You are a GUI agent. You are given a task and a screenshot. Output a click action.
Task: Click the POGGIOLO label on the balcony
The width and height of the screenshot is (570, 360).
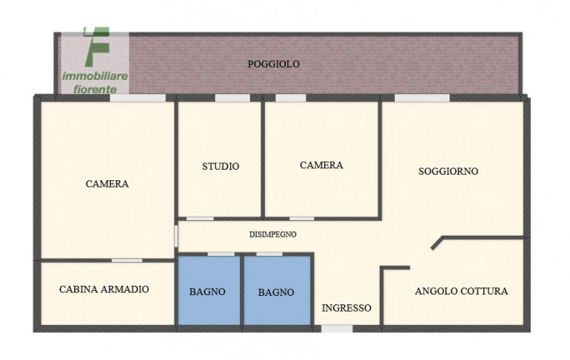[x=274, y=64]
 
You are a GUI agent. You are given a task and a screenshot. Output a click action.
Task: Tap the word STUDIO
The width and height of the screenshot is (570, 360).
[x=221, y=166]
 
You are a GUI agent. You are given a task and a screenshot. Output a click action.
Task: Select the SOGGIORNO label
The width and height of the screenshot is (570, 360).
[x=448, y=171]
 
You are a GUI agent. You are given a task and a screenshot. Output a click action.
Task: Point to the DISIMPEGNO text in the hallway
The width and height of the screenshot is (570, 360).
[x=273, y=235]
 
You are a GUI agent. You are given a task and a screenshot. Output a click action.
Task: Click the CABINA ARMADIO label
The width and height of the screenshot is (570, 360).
[x=104, y=289]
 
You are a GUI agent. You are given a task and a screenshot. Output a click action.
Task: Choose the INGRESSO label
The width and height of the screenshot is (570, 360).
[x=346, y=308]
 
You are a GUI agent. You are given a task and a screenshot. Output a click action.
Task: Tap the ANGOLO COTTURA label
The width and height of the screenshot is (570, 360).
[x=461, y=291]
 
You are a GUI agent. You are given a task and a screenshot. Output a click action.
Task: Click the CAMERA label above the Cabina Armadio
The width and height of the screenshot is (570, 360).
[x=108, y=184]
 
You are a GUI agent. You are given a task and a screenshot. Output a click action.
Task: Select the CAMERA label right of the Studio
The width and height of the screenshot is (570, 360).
[x=321, y=165]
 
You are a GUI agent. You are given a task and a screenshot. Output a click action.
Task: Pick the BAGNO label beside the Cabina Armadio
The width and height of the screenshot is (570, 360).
[x=207, y=292]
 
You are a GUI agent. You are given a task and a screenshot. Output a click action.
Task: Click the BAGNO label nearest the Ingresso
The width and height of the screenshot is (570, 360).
[x=276, y=292]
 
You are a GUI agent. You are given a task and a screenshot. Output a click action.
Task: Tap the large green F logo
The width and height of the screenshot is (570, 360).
[x=97, y=47]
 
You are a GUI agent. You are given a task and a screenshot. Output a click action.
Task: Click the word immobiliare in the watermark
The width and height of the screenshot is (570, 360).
[x=95, y=76]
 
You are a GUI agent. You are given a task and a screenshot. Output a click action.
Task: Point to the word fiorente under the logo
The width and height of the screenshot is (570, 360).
[x=95, y=89]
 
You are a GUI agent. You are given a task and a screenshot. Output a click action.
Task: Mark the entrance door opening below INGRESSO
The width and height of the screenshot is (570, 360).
[x=337, y=329]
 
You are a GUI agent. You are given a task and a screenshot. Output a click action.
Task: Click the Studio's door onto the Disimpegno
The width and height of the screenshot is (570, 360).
[x=200, y=219]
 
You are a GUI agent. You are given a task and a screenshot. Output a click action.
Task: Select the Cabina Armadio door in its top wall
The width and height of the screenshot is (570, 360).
[x=127, y=260]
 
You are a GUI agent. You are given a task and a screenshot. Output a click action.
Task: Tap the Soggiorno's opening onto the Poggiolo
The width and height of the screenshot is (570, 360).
[x=422, y=98]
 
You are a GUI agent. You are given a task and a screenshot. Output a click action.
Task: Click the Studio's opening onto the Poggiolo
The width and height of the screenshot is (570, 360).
[x=233, y=98]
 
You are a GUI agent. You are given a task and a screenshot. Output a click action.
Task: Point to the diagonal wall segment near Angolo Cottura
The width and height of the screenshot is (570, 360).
[x=437, y=243]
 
